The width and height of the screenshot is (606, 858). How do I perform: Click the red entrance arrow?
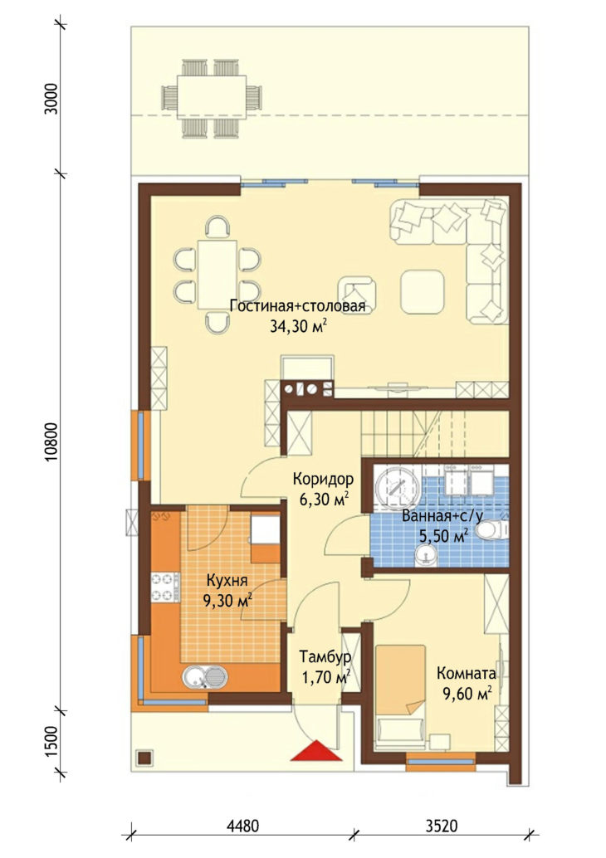click(x=315, y=751)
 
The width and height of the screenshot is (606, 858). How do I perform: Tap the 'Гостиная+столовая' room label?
click(x=297, y=306)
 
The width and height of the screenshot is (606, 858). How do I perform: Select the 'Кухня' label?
click(x=227, y=580)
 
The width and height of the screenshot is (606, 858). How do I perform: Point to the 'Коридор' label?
click(x=323, y=479)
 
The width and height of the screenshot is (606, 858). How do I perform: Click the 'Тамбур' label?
click(x=325, y=656)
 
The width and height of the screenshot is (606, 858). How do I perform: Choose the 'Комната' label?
click(x=466, y=674)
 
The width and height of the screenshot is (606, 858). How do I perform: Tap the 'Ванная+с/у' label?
click(x=442, y=515)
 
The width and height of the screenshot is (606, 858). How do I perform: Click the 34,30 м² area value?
click(x=298, y=327)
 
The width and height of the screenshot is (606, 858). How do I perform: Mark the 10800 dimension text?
click(x=51, y=442)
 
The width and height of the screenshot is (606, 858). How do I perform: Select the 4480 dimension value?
click(x=242, y=825)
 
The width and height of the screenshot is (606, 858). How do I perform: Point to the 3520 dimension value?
click(x=442, y=825)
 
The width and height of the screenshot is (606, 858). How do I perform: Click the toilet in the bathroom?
click(x=491, y=529)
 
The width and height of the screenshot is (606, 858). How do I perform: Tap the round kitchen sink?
click(x=195, y=677)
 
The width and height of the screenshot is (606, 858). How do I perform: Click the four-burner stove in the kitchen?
click(x=165, y=586)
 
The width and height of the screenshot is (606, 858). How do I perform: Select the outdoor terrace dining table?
click(x=212, y=97)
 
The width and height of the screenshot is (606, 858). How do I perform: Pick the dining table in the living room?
click(x=217, y=275)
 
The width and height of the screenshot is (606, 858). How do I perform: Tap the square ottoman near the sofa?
click(x=422, y=291)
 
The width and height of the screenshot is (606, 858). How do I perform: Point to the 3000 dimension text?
click(x=51, y=99)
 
